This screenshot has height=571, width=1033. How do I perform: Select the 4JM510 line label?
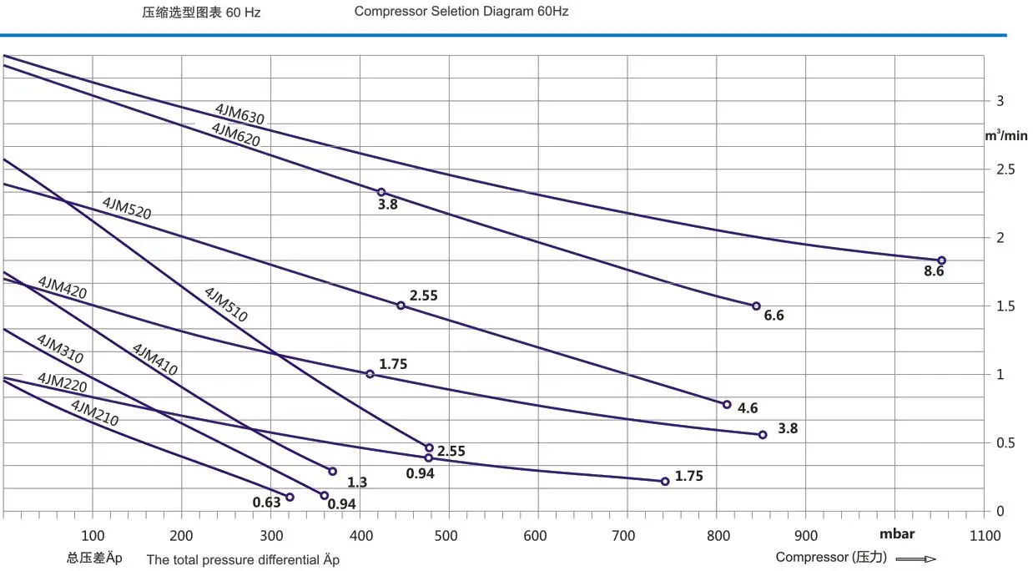pyautogui.click(x=226, y=305)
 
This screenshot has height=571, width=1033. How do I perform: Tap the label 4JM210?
pyautogui.click(x=94, y=413)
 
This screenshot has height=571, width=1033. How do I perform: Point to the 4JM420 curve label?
pyautogui.click(x=62, y=289)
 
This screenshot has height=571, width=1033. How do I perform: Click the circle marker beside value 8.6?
pyautogui.click(x=941, y=260)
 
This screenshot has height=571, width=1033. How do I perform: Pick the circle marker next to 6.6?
pyautogui.click(x=756, y=306)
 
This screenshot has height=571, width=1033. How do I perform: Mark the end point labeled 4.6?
pyautogui.click(x=727, y=405)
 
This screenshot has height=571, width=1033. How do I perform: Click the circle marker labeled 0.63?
pyautogui.click(x=290, y=498)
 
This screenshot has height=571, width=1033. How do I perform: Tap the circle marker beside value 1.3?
pyautogui.click(x=332, y=472)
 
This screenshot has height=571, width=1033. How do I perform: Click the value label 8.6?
pyautogui.click(x=933, y=271)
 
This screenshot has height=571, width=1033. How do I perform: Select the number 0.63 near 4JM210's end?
pyautogui.click(x=266, y=503)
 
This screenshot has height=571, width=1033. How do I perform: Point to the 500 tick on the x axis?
pyautogui.click(x=446, y=535)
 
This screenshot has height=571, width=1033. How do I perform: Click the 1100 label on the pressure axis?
pyautogui.click(x=985, y=535)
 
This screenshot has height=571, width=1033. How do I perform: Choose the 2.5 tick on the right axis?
pyautogui.click(x=1005, y=169)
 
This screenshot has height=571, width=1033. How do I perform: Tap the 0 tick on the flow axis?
pyautogui.click(x=1000, y=511)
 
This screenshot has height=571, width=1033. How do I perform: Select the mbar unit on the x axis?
pyautogui.click(x=897, y=534)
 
